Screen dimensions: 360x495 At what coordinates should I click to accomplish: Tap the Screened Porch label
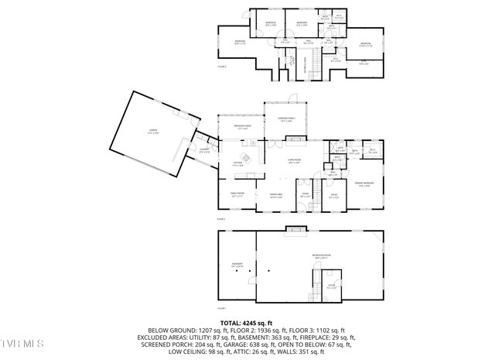click(285, 119)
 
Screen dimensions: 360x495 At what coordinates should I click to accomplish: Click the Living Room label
click(294, 163)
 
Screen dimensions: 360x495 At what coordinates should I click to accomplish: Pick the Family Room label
click(237, 194)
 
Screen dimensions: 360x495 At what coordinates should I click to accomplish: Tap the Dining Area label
click(275, 195)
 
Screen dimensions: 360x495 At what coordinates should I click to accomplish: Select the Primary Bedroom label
click(364, 184)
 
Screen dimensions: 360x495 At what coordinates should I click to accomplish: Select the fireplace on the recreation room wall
click(294, 228)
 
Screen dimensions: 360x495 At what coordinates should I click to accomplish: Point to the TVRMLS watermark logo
click(22, 342)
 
